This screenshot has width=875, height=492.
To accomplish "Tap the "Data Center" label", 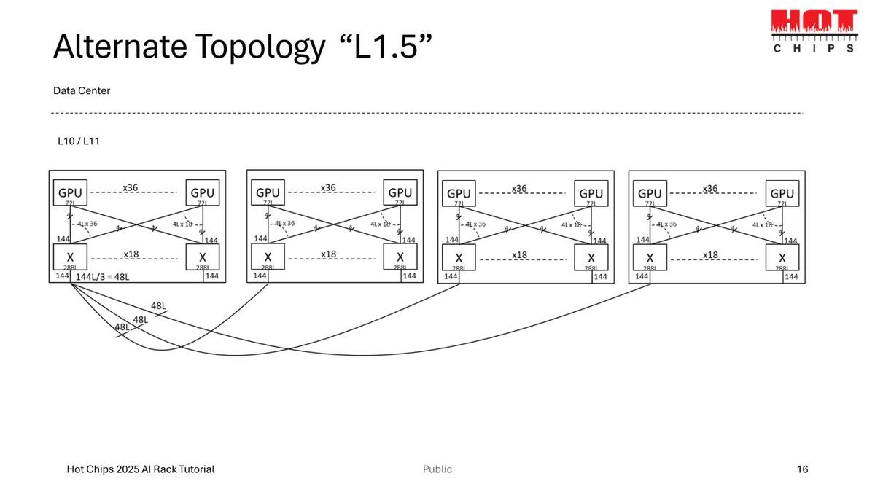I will (x=82, y=91).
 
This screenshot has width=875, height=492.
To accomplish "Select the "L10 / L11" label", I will (x=78, y=141).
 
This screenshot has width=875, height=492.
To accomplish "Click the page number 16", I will (x=802, y=469).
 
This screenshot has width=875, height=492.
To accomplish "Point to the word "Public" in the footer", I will (x=437, y=469).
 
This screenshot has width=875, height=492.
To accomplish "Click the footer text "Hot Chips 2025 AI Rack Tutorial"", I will (x=141, y=469).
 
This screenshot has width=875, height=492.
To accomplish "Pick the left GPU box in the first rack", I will (x=71, y=193).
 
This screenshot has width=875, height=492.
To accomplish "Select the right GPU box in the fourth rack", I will (x=782, y=194).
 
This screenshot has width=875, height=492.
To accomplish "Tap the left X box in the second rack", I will (x=268, y=257).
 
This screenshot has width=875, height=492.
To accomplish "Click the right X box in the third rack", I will (x=591, y=258).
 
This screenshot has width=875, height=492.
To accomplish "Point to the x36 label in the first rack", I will (x=131, y=188).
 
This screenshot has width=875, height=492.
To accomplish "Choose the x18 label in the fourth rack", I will (x=710, y=254).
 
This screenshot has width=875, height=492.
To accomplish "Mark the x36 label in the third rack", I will (x=519, y=189).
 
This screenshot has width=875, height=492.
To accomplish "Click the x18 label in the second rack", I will (x=328, y=254).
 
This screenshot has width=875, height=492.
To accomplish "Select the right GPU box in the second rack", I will (x=400, y=193).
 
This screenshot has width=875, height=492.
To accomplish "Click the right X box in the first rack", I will (x=202, y=257).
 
